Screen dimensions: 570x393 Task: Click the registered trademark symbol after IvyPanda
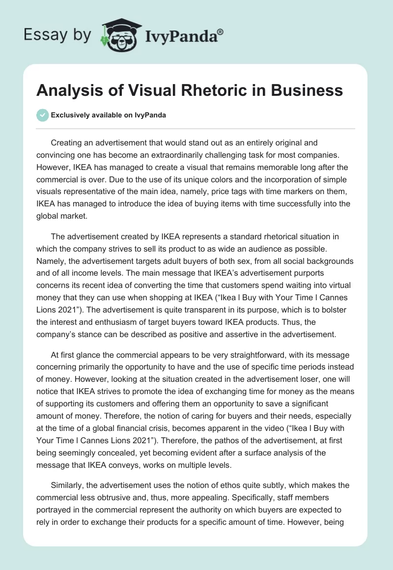[x=220, y=31]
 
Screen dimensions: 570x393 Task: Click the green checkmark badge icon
[x=43, y=115]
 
